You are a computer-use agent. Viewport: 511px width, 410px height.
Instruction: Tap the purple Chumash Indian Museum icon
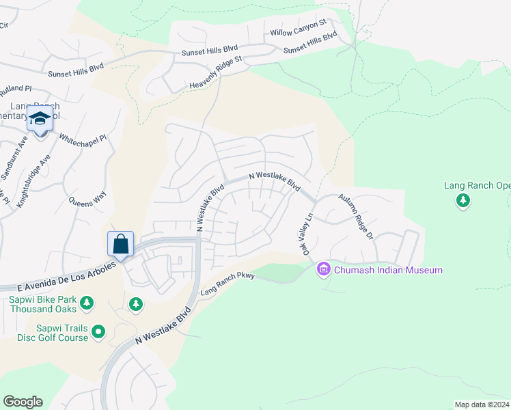pos(324,271)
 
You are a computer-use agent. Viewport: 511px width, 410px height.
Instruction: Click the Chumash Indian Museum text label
pos(388,271)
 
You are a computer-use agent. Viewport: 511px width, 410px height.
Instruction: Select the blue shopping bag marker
pos(120,244)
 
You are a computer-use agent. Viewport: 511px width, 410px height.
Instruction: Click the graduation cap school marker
pos(40,120)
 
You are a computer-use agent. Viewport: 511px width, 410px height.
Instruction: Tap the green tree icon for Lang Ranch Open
pos(464,200)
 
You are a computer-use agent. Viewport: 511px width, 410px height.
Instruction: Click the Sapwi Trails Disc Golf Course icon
pos(98,332)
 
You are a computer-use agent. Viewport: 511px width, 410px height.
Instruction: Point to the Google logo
pos(23,402)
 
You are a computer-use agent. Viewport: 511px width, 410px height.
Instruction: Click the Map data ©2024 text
pos(482,405)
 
